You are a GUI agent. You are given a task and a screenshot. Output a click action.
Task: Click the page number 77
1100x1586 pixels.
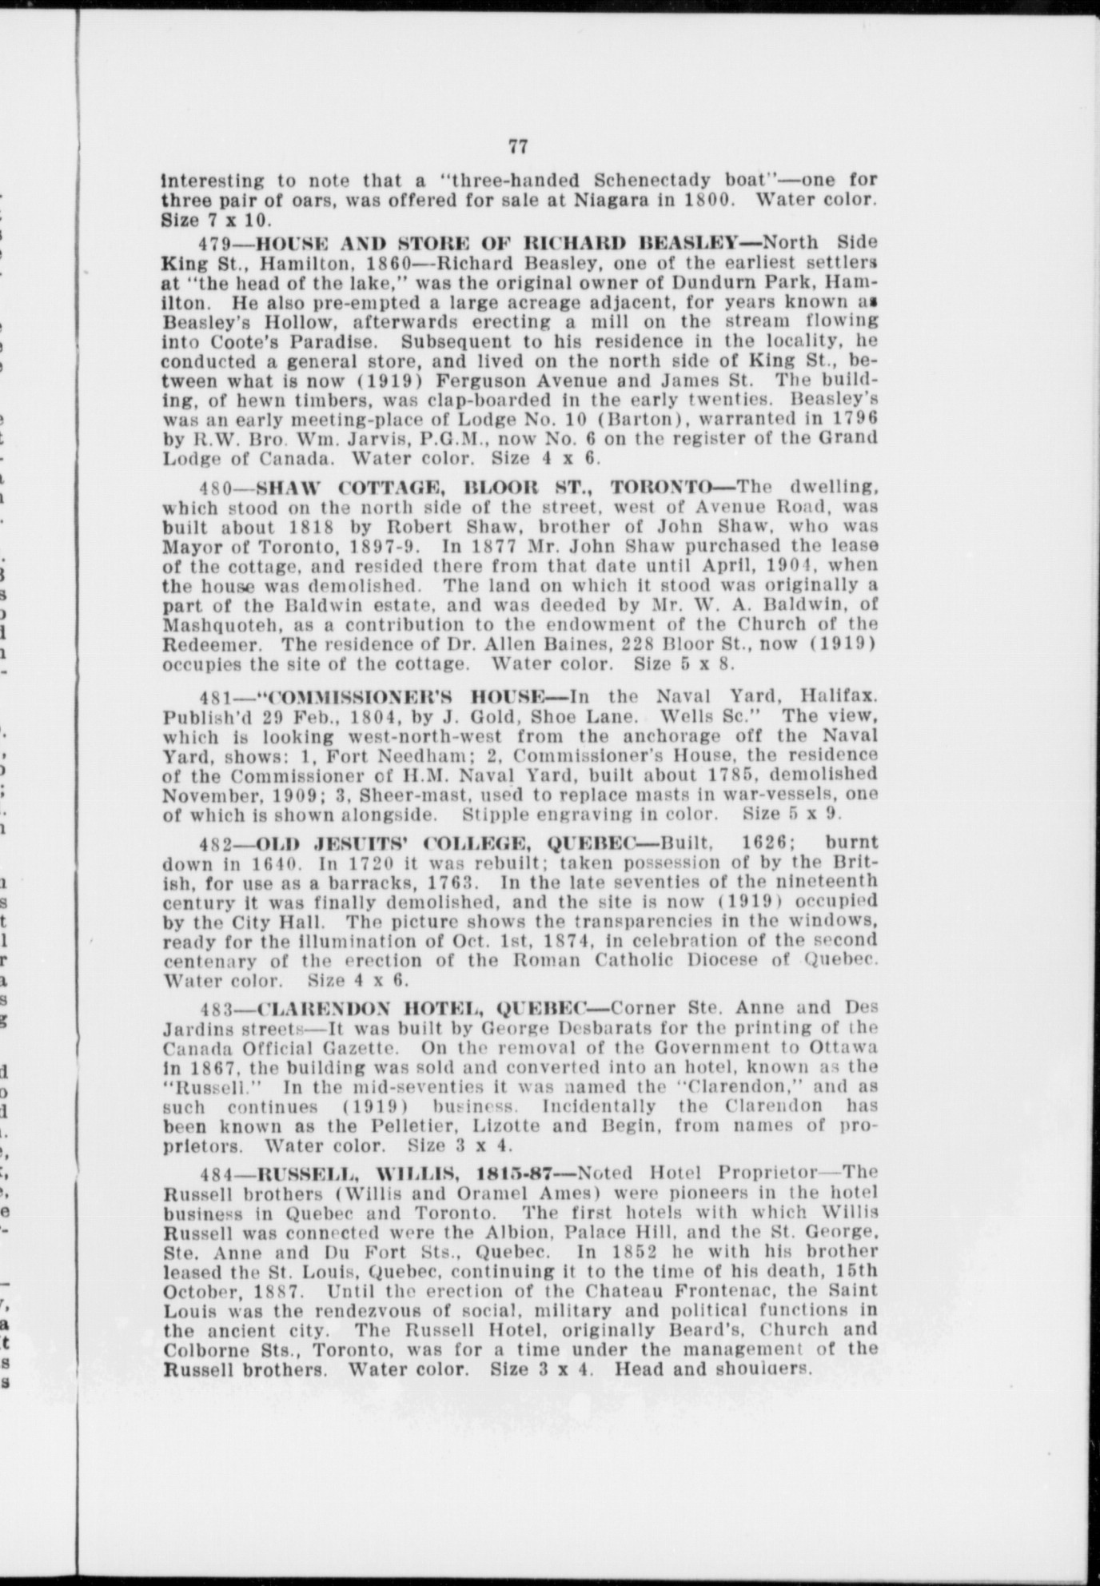518,147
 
